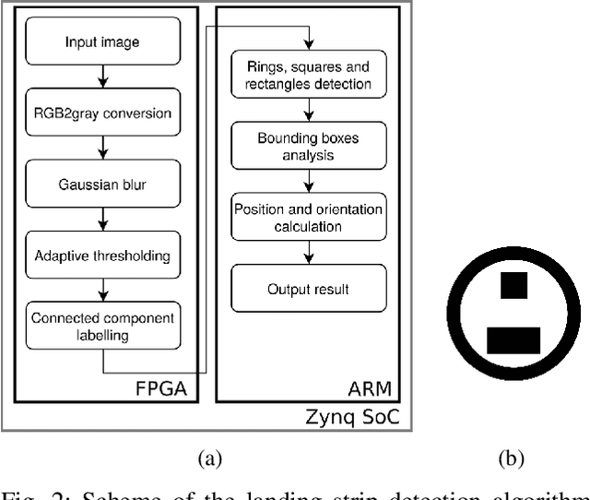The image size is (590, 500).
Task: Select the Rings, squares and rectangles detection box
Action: [x=309, y=76]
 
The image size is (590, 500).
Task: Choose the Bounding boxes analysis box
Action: [x=309, y=147]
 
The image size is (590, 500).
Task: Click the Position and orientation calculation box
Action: [x=309, y=219]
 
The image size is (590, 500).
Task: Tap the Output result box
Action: [x=309, y=290]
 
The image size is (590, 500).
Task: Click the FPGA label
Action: [x=167, y=387]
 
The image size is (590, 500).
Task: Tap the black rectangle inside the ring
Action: [x=513, y=340]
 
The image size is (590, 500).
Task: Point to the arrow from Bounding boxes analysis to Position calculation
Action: [x=309, y=183]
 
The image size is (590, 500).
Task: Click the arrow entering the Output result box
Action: [x=309, y=255]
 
